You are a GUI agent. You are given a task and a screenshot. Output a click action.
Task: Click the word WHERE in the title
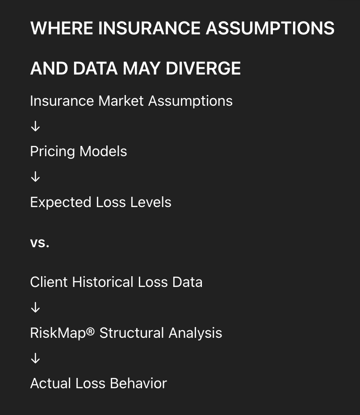point(62,28)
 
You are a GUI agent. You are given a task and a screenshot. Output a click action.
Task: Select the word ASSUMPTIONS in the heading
point(270,28)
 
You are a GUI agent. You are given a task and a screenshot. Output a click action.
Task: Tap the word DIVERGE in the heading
point(203,68)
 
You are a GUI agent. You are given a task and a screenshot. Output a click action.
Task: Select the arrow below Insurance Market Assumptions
point(35,126)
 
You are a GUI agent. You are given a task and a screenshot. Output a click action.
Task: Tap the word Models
point(103,151)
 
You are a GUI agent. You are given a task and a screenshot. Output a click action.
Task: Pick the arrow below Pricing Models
point(35,176)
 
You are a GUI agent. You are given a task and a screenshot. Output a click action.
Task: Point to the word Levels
point(151,202)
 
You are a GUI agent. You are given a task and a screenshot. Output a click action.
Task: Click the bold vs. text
point(40,243)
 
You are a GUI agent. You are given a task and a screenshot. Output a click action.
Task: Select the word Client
point(49,282)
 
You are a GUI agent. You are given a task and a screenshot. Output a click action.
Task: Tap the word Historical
point(103,282)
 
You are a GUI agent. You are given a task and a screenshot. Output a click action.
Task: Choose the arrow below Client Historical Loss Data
point(35,307)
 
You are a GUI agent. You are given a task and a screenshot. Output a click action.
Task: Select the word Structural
point(132,333)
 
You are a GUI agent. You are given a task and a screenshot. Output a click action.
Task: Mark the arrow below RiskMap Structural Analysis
point(35,358)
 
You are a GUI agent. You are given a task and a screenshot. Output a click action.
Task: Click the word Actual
point(50,383)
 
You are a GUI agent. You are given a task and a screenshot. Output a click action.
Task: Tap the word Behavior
point(138,383)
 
